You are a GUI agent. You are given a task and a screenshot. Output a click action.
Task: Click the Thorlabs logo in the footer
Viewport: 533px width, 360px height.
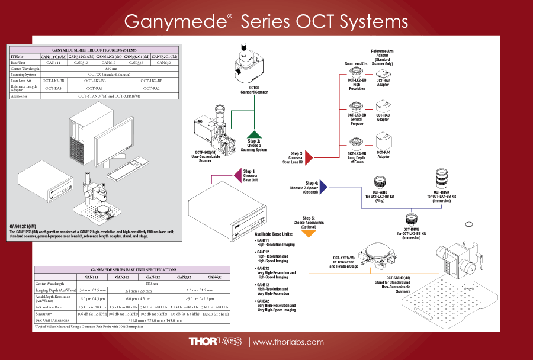[x=215, y=342]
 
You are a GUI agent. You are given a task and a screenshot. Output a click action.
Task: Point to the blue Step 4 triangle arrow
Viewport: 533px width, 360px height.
[x=323, y=187]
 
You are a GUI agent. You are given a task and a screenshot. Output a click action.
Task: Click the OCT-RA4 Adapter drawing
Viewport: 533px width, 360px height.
[x=383, y=142]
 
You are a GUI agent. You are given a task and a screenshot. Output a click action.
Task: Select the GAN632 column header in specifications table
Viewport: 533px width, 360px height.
[x=211, y=277]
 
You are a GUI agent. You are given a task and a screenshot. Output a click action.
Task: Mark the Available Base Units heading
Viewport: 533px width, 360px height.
[x=274, y=234]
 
